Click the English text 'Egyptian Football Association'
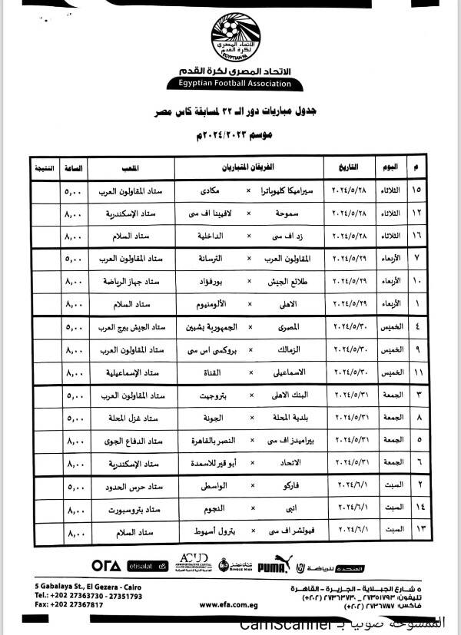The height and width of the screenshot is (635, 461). [x=230, y=83]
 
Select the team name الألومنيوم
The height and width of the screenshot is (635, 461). [x=208, y=304]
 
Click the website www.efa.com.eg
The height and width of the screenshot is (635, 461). [x=228, y=605]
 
